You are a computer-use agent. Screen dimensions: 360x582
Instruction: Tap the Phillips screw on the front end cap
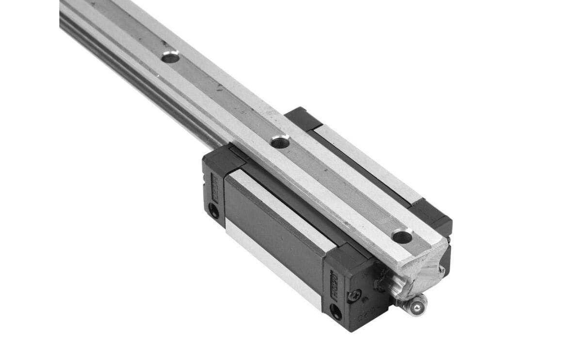pos(355,293)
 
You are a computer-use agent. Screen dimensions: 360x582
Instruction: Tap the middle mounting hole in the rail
pos(280,142)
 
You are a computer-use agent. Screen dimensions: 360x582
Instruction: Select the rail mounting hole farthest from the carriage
pos(170,57)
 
